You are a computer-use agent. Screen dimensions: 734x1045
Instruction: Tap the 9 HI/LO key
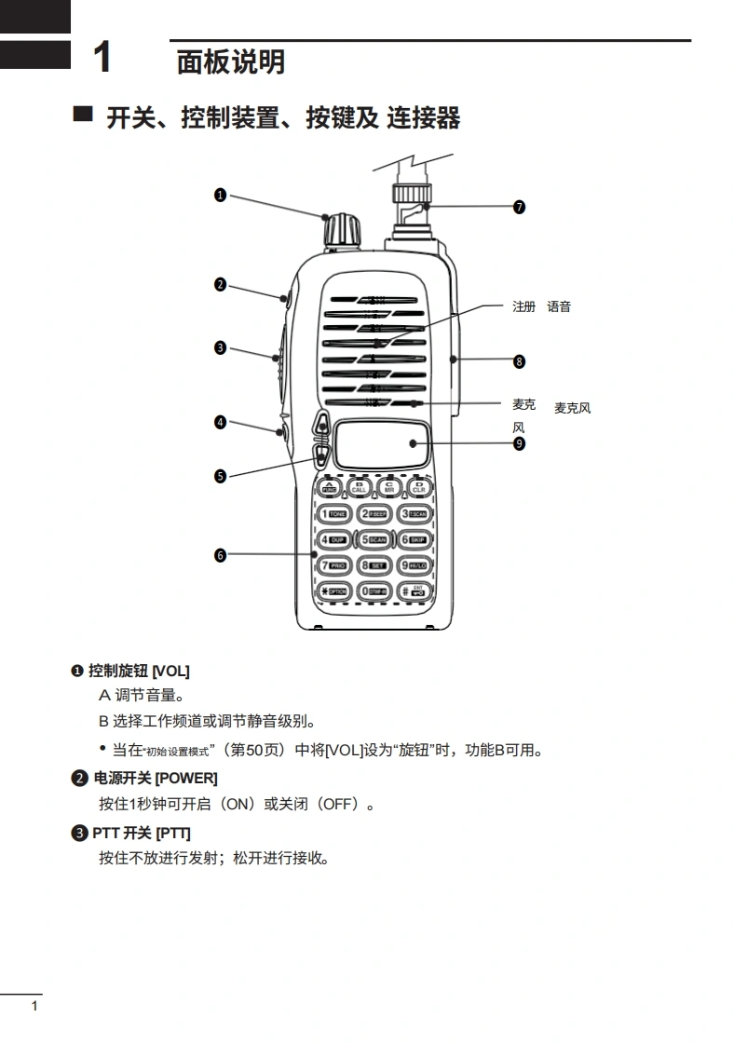[413, 565]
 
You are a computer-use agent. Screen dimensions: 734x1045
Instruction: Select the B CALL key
[360, 486]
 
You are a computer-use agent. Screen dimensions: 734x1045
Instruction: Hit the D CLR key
[418, 486]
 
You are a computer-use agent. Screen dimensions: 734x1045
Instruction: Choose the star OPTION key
[333, 591]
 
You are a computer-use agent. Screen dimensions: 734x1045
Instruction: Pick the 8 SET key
[373, 565]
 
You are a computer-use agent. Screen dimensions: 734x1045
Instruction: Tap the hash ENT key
[413, 591]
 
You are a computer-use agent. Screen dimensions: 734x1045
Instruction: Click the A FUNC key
[329, 486]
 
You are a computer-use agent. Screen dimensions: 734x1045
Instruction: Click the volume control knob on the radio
[341, 228]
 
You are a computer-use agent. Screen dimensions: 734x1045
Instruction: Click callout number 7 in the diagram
[519, 207]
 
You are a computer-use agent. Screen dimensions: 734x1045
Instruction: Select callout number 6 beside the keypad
[220, 555]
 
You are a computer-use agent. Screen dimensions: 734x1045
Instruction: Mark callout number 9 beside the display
[519, 443]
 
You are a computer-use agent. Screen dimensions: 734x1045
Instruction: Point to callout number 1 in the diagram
[220, 195]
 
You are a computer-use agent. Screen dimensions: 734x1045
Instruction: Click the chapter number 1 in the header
[102, 58]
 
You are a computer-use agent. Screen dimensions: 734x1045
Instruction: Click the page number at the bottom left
[34, 1006]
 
